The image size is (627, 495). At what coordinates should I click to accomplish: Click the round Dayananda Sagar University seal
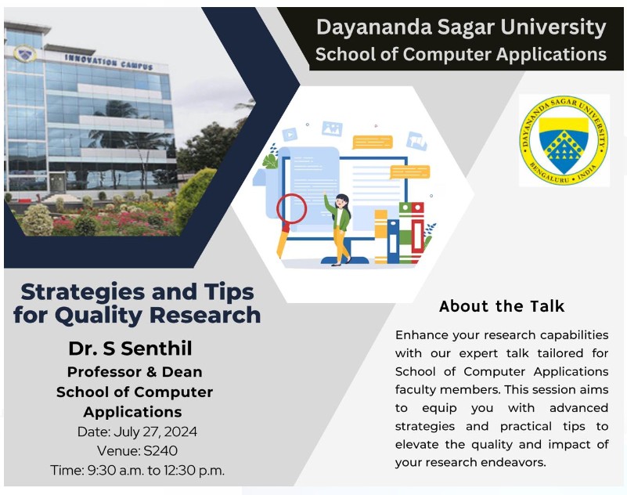(x=564, y=140)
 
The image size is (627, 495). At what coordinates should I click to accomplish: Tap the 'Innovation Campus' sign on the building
(x=109, y=63)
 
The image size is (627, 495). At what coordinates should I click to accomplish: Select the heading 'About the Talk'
(x=502, y=306)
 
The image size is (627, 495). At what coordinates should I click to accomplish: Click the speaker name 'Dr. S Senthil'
(x=131, y=348)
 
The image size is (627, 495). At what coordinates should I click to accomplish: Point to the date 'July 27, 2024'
(x=156, y=432)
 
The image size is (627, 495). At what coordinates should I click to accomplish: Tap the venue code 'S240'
(x=160, y=450)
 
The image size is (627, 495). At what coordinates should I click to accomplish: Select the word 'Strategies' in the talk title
(x=83, y=292)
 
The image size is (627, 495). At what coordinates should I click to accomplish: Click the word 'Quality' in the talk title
(x=99, y=316)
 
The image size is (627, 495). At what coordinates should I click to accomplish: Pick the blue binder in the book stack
(x=393, y=241)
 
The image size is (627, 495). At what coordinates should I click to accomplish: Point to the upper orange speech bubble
(x=373, y=142)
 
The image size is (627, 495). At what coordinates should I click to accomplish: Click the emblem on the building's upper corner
(x=24, y=52)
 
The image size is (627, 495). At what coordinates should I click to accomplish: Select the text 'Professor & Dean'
(x=135, y=372)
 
